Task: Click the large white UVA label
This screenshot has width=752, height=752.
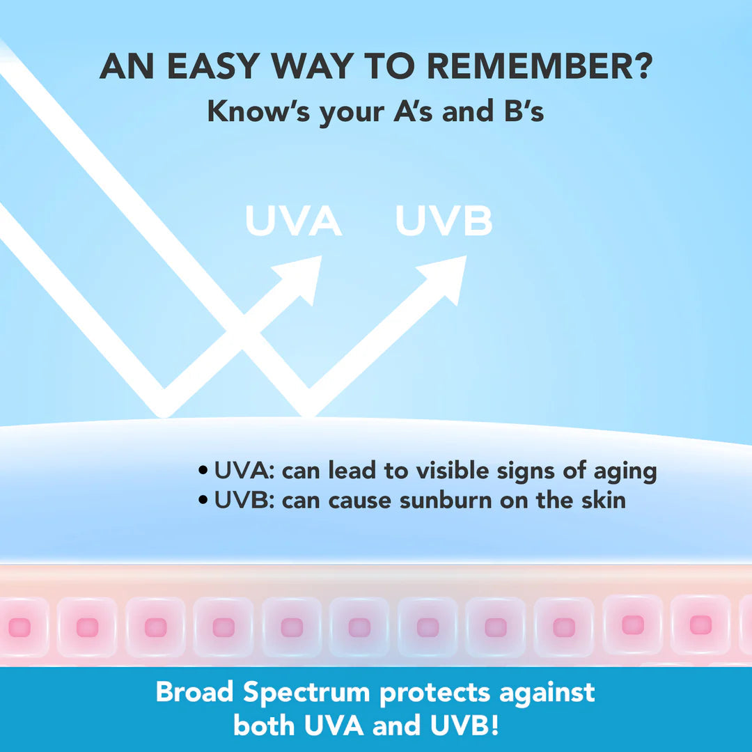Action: point(294,221)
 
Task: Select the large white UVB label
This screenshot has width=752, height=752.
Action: point(444,221)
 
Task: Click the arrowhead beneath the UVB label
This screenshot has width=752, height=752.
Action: point(446,278)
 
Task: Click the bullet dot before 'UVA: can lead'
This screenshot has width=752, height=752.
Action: point(203,471)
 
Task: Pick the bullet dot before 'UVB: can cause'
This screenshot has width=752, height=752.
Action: point(203,500)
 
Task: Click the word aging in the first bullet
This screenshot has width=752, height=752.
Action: point(625,472)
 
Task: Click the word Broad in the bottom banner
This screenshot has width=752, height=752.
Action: point(195,692)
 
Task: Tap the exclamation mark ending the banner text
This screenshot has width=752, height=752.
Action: point(494,725)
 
